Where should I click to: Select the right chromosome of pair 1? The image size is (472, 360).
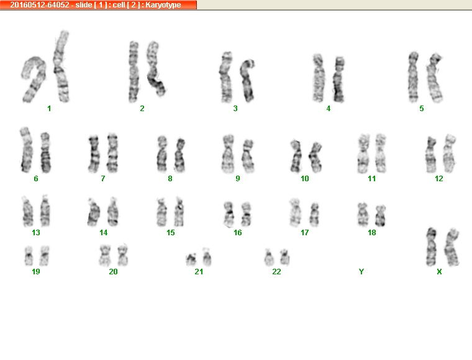[61, 66]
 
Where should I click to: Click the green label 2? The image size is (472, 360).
[142, 109]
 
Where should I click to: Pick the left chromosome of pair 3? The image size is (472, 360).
[226, 78]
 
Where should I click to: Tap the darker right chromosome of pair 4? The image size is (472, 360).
[339, 79]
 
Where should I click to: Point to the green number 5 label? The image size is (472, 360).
[422, 109]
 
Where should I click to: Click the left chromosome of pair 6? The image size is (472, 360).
[26, 150]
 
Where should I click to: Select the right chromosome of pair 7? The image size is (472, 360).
[112, 153]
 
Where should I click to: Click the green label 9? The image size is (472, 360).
[238, 179]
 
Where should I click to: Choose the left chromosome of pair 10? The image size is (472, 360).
[296, 156]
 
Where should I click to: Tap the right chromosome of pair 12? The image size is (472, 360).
[449, 154]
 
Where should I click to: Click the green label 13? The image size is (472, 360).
[36, 233]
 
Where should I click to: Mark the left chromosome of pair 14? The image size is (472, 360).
[93, 212]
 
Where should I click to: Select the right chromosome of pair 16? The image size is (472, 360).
[246, 214]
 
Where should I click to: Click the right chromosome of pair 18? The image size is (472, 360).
[381, 215]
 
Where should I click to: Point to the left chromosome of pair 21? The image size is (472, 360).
[191, 260]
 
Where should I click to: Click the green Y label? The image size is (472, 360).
[361, 272]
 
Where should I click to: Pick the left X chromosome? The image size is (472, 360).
[432, 247]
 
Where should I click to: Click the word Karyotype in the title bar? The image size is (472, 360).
[163, 5]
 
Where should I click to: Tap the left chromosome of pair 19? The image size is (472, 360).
[29, 256]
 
